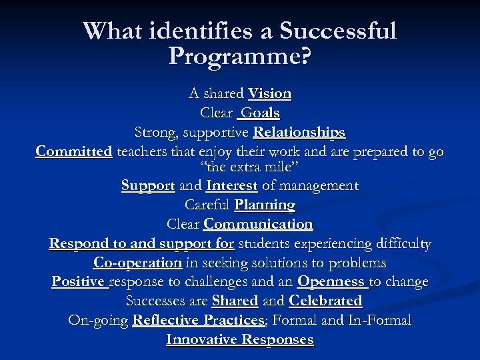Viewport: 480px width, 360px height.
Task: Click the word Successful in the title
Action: click(x=337, y=31)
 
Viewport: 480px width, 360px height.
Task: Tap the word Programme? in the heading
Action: click(x=239, y=56)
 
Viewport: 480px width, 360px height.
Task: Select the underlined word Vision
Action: click(x=269, y=93)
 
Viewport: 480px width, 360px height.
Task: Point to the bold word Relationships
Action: click(x=299, y=132)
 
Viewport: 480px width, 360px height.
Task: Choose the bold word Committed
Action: click(x=74, y=151)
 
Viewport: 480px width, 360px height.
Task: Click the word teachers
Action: click(x=141, y=151)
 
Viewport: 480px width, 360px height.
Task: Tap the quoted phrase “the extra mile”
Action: click(x=239, y=166)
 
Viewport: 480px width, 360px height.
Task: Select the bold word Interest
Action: click(x=232, y=185)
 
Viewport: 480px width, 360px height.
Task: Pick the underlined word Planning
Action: click(x=265, y=205)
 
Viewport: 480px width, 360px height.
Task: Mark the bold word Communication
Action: click(x=258, y=224)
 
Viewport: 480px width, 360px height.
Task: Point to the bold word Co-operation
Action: click(x=137, y=263)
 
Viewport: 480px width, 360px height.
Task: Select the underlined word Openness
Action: click(x=331, y=281)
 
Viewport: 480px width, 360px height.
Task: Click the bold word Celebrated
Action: click(x=325, y=301)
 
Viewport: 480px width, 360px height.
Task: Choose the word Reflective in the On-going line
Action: click(x=167, y=320)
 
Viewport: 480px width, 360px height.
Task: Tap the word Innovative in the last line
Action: click(x=203, y=339)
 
